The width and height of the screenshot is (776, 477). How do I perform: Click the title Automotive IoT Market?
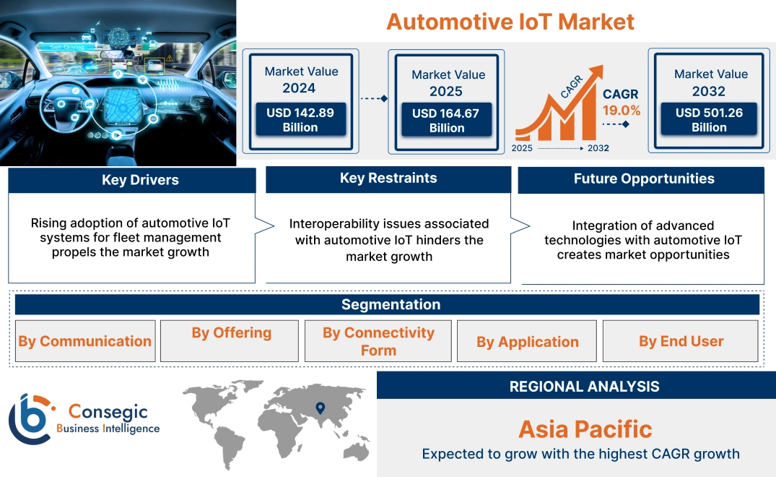pos(510,21)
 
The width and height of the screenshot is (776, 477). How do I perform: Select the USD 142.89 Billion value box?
pos(300,120)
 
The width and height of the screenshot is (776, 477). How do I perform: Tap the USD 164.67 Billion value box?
pos(447,121)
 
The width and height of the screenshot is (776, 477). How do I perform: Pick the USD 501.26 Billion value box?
pos(709,120)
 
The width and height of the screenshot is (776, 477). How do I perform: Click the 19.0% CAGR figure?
pos(622,111)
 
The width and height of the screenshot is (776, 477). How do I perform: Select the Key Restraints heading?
pos(388,179)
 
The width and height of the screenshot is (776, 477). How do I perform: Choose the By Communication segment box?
pos(85,341)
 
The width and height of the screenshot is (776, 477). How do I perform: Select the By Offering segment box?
pos(231,333)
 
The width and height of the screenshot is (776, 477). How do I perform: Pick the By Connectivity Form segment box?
pos(378,341)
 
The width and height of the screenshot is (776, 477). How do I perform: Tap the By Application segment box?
pos(527,342)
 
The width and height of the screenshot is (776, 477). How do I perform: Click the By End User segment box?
pos(681,341)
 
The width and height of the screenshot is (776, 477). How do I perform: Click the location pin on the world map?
pos(321,408)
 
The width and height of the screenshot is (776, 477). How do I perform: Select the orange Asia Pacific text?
pos(585,429)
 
